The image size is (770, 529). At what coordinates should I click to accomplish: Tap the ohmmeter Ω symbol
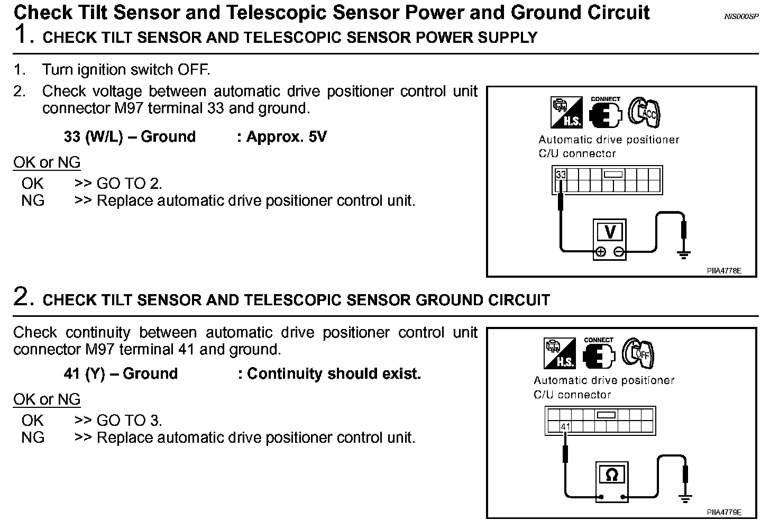pyautogui.click(x=611, y=475)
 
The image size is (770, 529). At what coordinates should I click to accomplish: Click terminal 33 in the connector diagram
pyautogui.click(x=561, y=175)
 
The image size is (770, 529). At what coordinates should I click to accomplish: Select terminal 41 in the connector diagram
pyautogui.click(x=566, y=427)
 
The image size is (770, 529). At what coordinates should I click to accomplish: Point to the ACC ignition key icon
pyautogui.click(x=645, y=112)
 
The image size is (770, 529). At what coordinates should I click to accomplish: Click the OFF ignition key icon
pyautogui.click(x=638, y=353)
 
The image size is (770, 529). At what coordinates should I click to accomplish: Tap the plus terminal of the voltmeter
pyautogui.click(x=601, y=252)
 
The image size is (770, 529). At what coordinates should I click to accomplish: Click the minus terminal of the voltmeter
pyautogui.click(x=619, y=252)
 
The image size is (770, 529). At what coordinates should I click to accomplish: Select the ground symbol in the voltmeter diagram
pyautogui.click(x=684, y=255)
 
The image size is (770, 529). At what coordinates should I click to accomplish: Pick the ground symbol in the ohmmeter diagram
pyautogui.click(x=686, y=497)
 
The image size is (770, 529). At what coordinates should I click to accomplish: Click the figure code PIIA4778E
pyautogui.click(x=724, y=271)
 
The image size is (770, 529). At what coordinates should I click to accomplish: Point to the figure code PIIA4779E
pyautogui.click(x=724, y=512)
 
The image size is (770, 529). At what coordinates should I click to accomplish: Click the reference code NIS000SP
pyautogui.click(x=741, y=16)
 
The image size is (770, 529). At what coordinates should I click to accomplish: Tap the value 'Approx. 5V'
pyautogui.click(x=287, y=137)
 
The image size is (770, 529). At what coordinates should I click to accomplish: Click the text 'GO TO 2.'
pyautogui.click(x=129, y=184)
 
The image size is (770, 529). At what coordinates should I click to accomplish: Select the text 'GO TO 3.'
pyautogui.click(x=129, y=421)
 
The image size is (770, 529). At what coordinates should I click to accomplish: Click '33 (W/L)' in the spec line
pyautogui.click(x=93, y=137)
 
